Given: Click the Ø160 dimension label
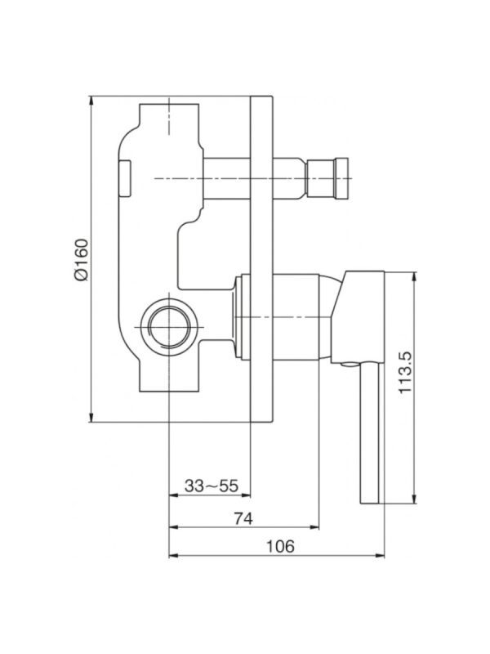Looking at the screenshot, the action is (82, 259).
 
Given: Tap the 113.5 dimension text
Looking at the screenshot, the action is (405, 372).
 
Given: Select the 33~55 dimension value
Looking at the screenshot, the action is (212, 486).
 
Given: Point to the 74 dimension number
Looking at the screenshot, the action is (243, 518).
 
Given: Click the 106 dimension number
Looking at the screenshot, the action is (280, 546).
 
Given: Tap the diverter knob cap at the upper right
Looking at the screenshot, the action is (341, 178).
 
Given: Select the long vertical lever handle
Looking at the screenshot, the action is (370, 432).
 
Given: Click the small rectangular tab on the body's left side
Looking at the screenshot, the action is (125, 178).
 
